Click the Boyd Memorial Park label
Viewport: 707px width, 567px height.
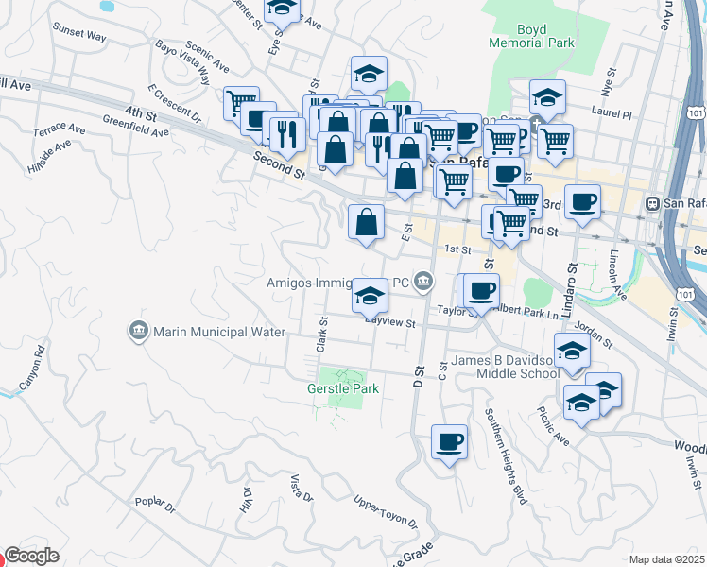click(x=533, y=36)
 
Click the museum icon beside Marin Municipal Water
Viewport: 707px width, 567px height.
click(x=138, y=331)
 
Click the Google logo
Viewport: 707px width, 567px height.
click(x=31, y=556)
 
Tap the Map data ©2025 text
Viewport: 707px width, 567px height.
click(x=666, y=559)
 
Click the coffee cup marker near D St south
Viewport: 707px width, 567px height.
click(x=449, y=440)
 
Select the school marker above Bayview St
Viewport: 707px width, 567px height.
click(x=369, y=297)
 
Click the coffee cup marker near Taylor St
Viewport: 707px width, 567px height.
click(x=481, y=291)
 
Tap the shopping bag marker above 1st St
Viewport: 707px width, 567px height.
click(x=366, y=224)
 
